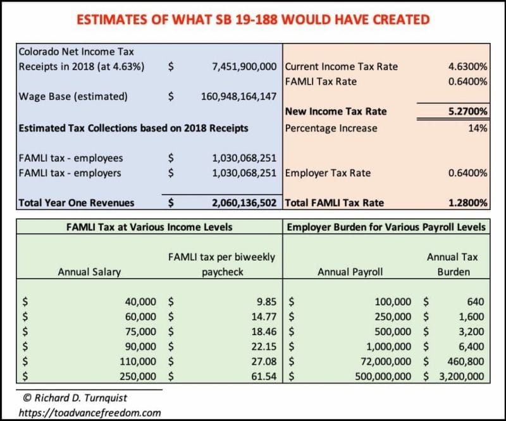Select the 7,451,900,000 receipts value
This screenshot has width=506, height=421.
[244, 66]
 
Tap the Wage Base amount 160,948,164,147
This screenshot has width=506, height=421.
[239, 97]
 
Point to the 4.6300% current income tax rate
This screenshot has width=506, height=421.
[467, 66]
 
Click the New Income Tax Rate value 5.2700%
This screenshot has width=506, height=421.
[467, 111]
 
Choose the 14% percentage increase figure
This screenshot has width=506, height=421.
[478, 128]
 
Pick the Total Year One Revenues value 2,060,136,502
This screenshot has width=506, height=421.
[244, 202]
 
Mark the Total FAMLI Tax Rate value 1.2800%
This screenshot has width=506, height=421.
[467, 202]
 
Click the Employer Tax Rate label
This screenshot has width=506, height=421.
[328, 173]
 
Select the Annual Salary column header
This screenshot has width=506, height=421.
[89, 272]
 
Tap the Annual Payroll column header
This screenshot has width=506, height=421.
[350, 272]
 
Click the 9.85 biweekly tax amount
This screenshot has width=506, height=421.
[266, 302]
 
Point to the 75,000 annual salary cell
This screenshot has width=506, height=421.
[140, 331]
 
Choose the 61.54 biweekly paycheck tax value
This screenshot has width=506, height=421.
[264, 376]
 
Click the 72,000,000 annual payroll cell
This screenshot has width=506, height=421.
[386, 362]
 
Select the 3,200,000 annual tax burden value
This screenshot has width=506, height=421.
[462, 376]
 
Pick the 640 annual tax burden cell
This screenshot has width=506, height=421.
[476, 302]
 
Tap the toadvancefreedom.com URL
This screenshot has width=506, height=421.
[90, 413]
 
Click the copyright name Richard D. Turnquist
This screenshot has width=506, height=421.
[81, 398]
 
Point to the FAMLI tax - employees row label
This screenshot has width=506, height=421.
[71, 158]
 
